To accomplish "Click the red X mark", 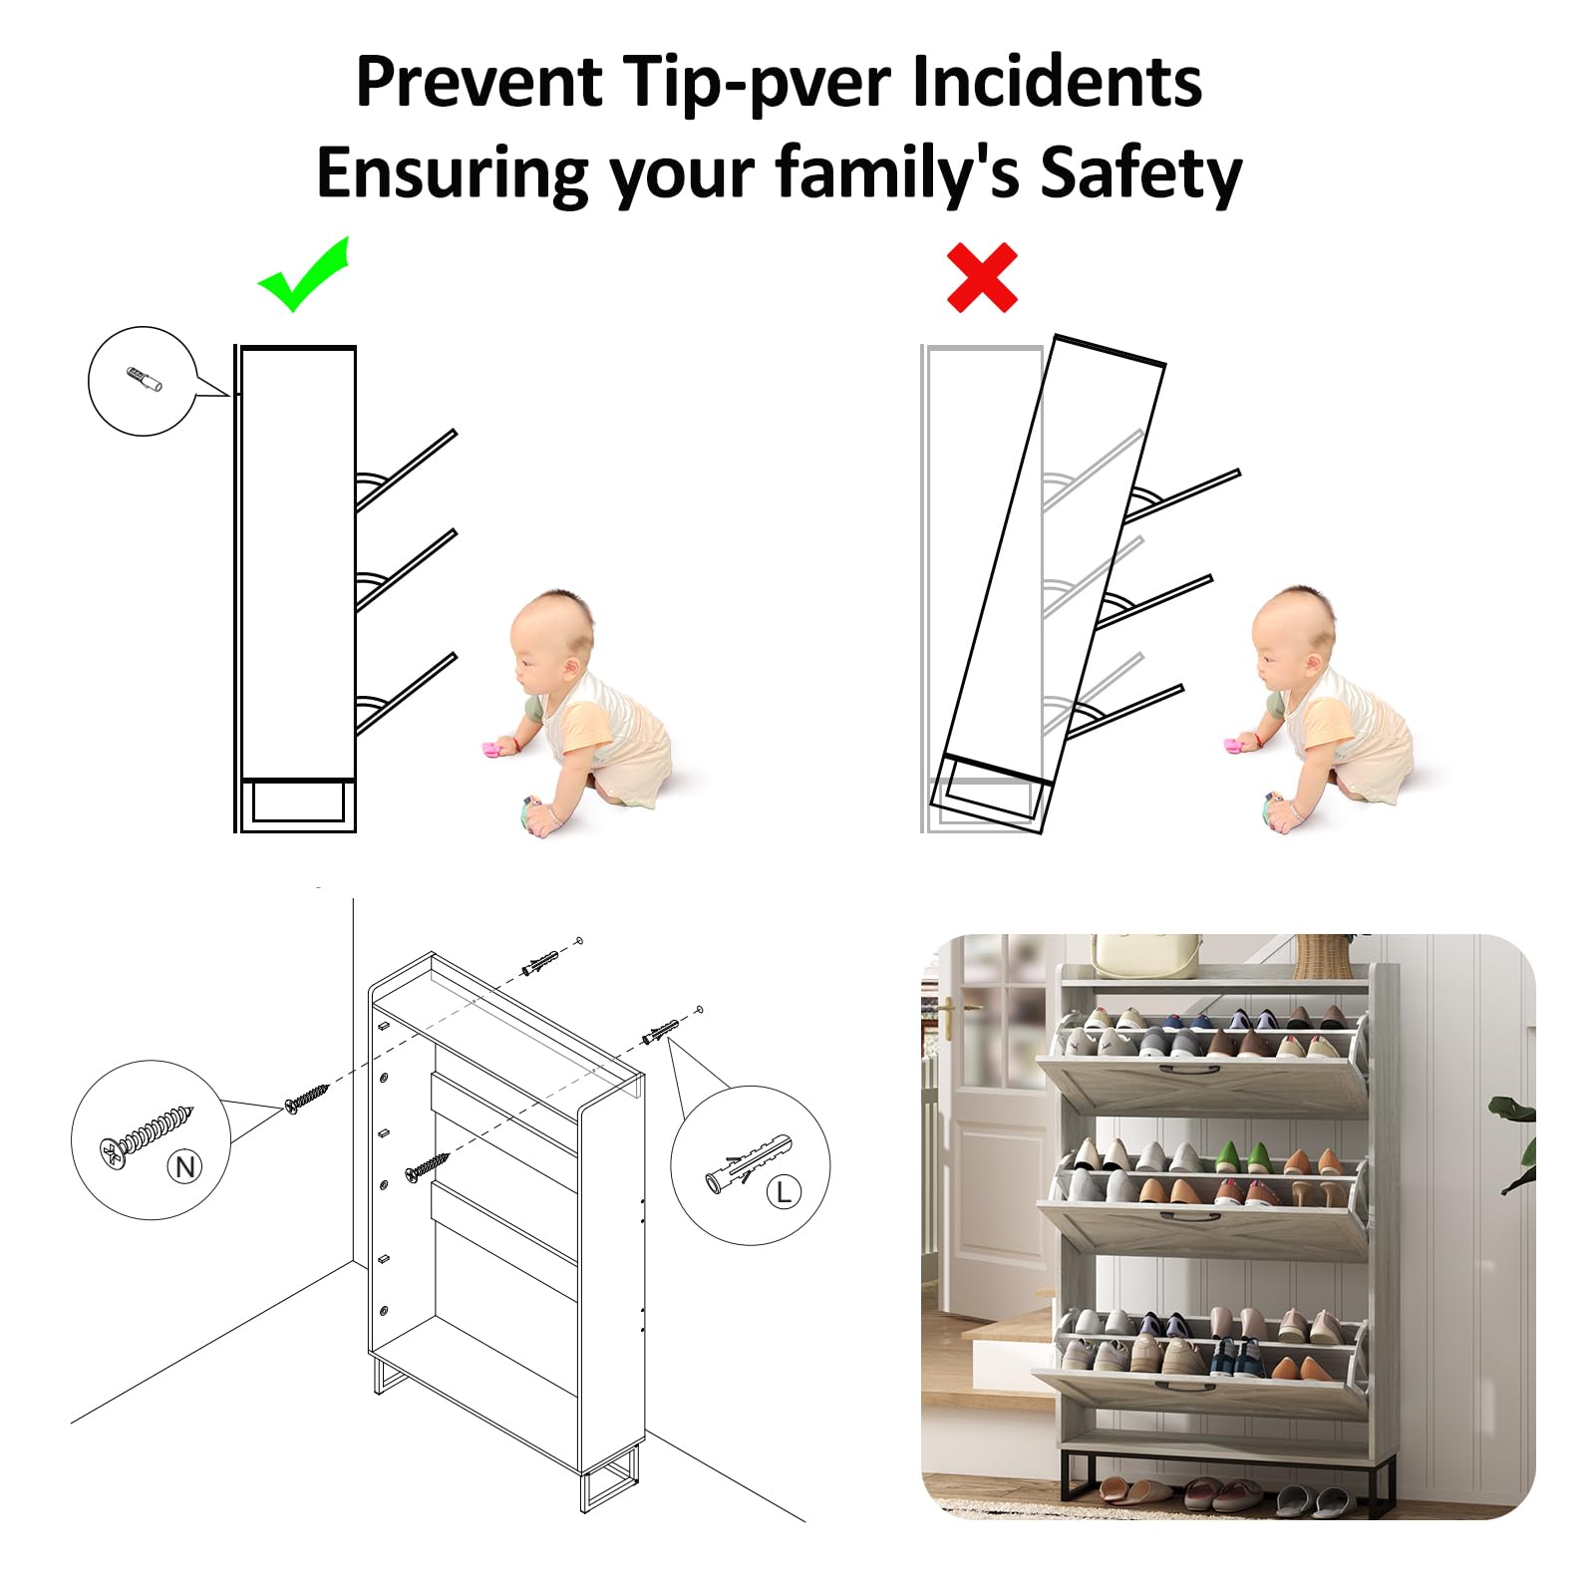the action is [982, 277].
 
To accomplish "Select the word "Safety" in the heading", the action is [1141, 173].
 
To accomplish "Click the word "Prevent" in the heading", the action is [479, 81].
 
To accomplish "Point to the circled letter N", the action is [185, 1165].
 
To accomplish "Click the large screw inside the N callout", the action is [146, 1135].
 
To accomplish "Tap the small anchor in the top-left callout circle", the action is [145, 380].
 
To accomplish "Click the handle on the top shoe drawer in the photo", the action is [1188, 1071].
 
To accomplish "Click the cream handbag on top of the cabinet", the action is [1146, 956].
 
